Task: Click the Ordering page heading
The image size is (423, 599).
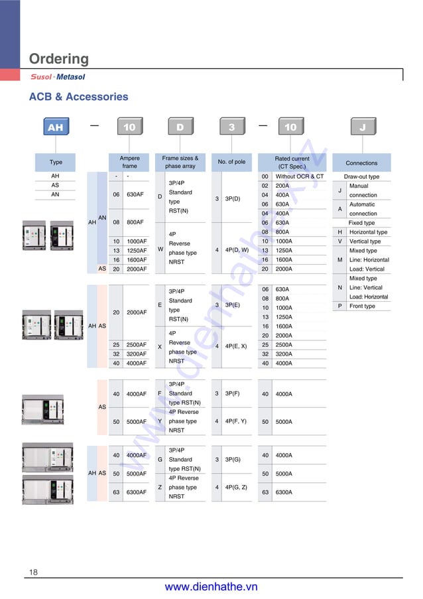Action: (58, 59)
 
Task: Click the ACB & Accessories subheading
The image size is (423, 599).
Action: (78, 97)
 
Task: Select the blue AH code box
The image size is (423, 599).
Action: (55, 127)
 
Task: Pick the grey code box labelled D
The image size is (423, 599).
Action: (180, 127)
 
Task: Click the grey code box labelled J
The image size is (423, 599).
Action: (362, 127)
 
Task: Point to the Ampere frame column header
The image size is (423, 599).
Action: (129, 163)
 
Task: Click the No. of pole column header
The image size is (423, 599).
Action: (231, 162)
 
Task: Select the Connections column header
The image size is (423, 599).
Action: (361, 163)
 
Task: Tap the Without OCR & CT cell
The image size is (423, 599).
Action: (300, 176)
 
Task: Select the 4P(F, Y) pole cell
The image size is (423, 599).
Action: (239, 421)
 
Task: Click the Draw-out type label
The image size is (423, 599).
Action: (361, 177)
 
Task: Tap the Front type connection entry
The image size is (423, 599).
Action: (362, 306)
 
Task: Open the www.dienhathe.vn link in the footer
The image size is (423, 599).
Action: (211, 587)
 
